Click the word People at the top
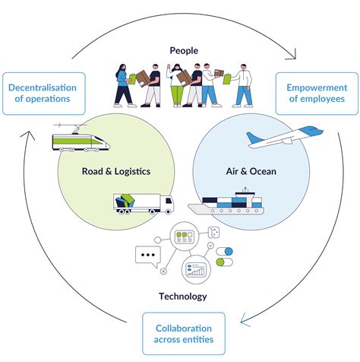point(184,51)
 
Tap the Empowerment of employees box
point(317,94)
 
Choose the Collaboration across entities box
point(184,333)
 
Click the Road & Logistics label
point(115,172)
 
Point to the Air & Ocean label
point(251,172)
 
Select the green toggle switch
point(226,262)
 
